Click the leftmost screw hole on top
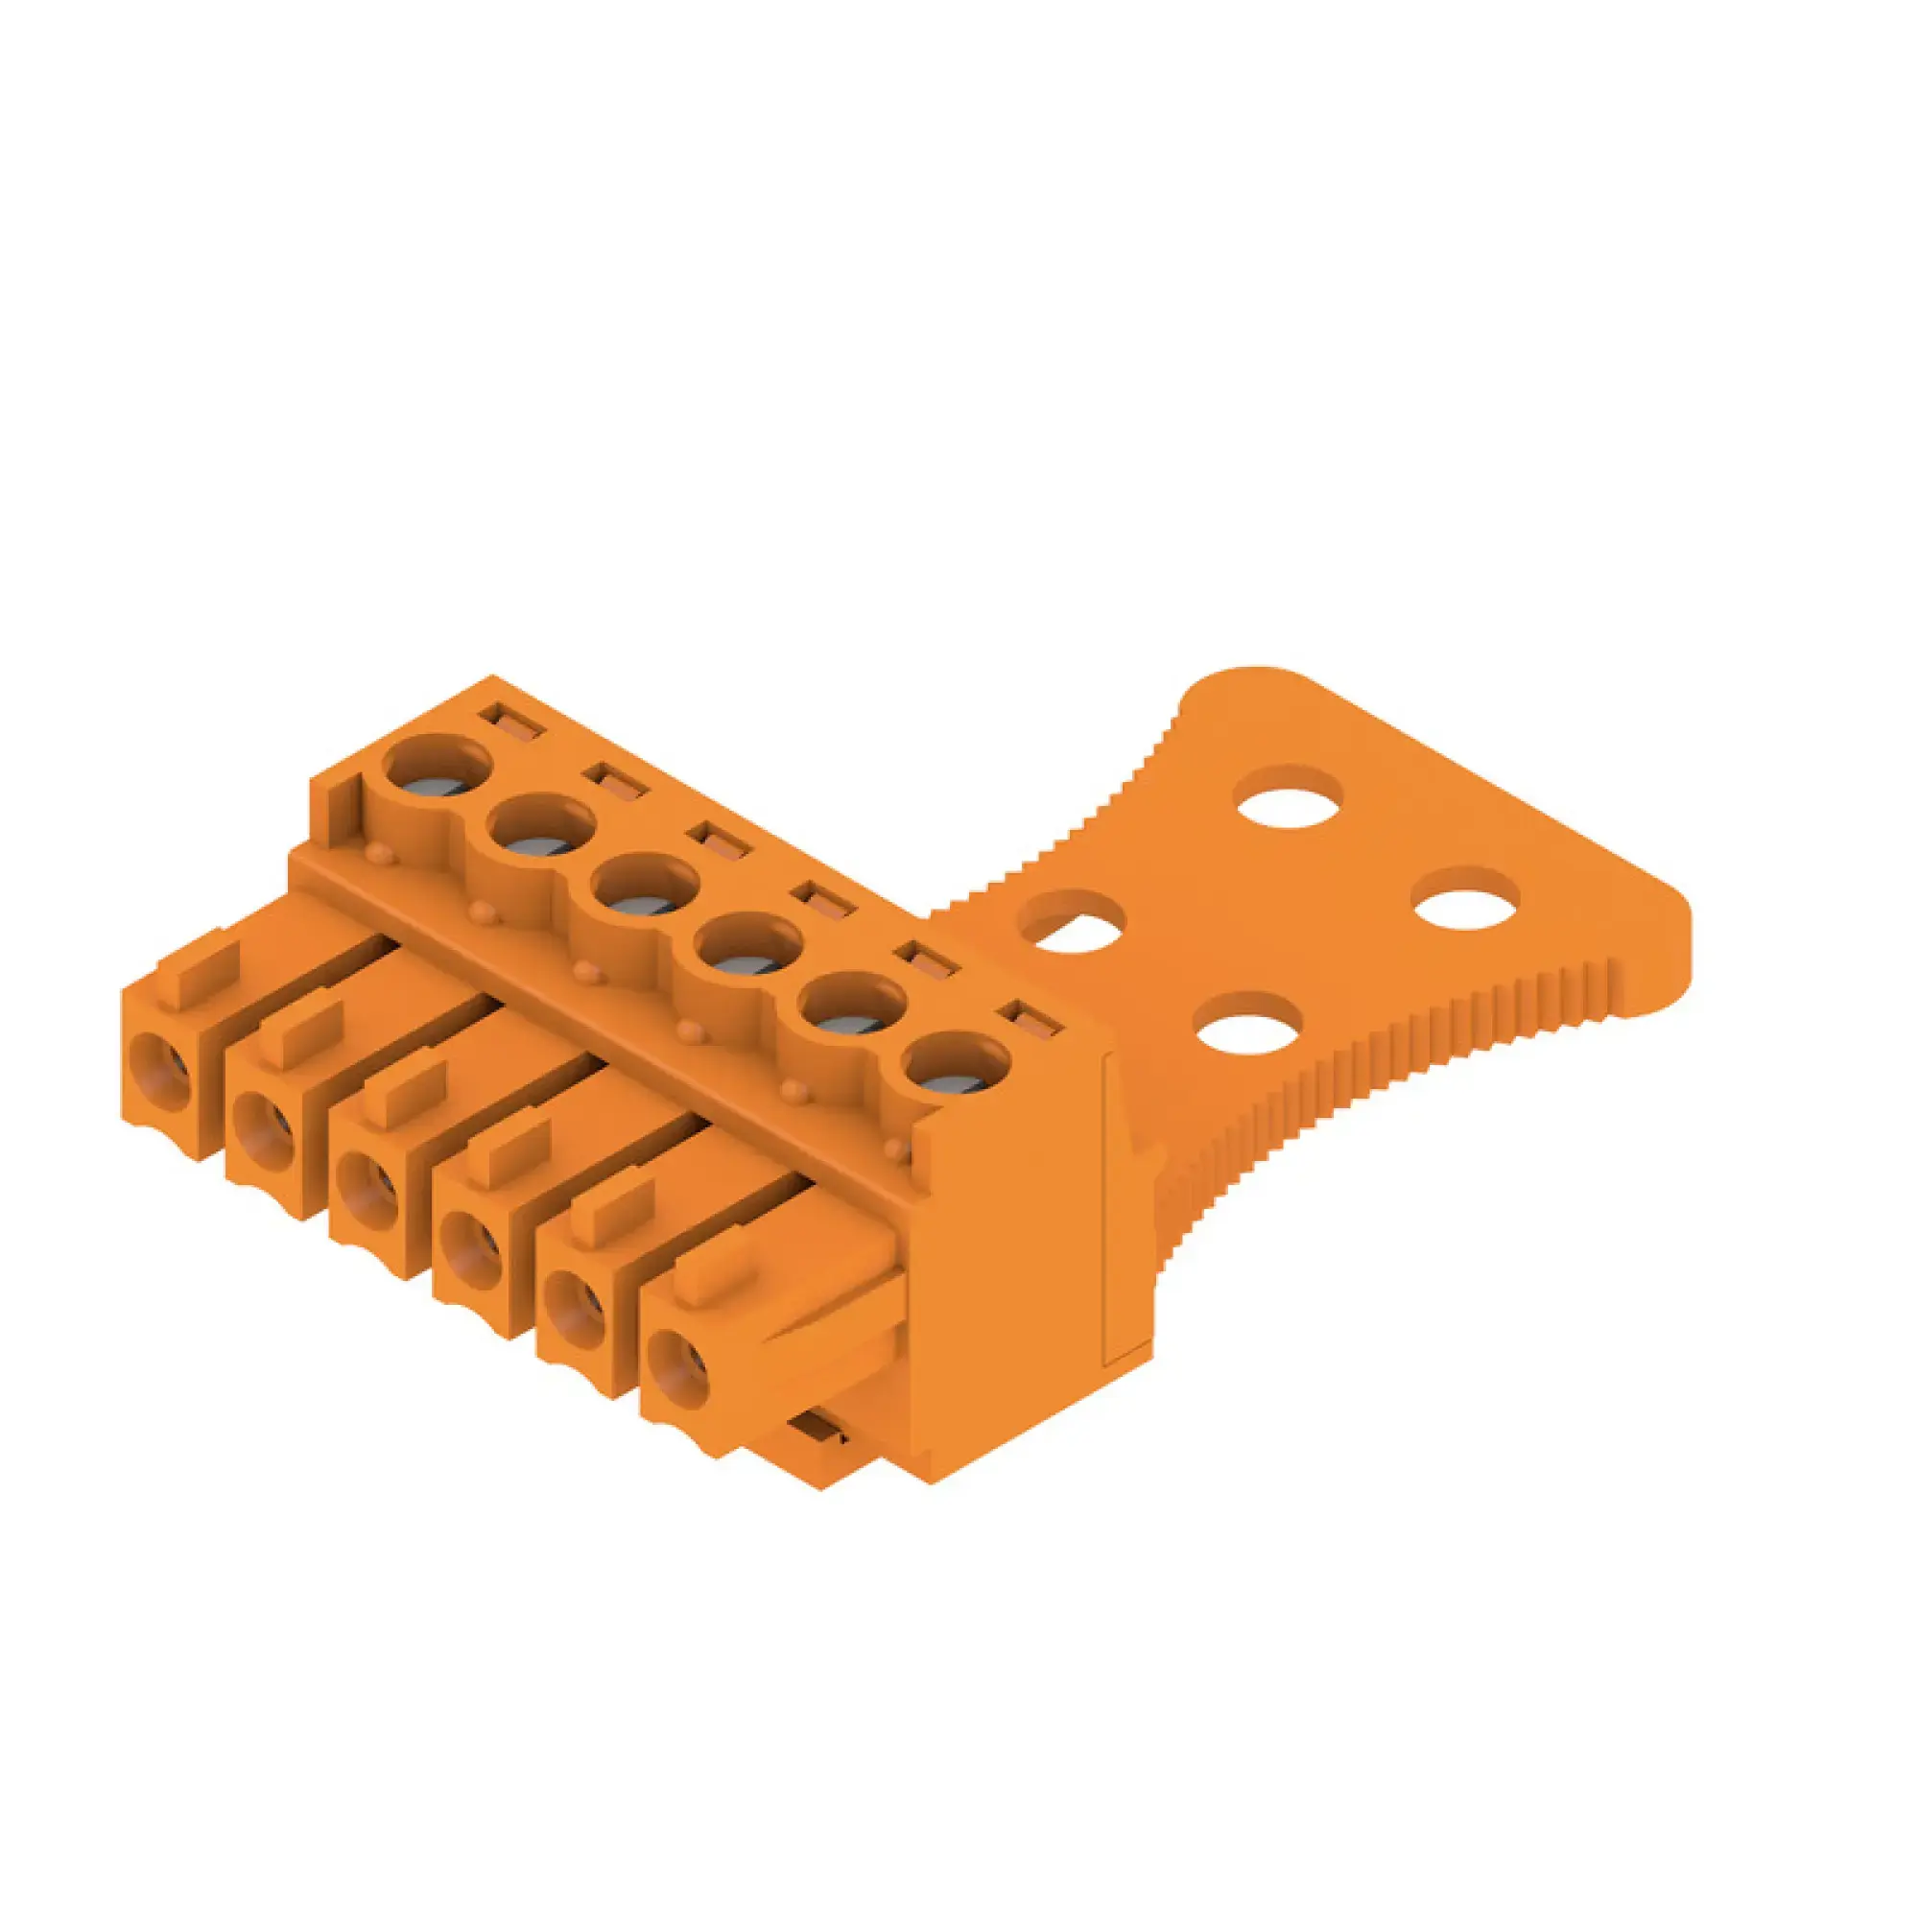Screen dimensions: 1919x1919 click(x=438, y=767)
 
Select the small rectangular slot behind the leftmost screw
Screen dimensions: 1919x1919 click(x=511, y=723)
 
